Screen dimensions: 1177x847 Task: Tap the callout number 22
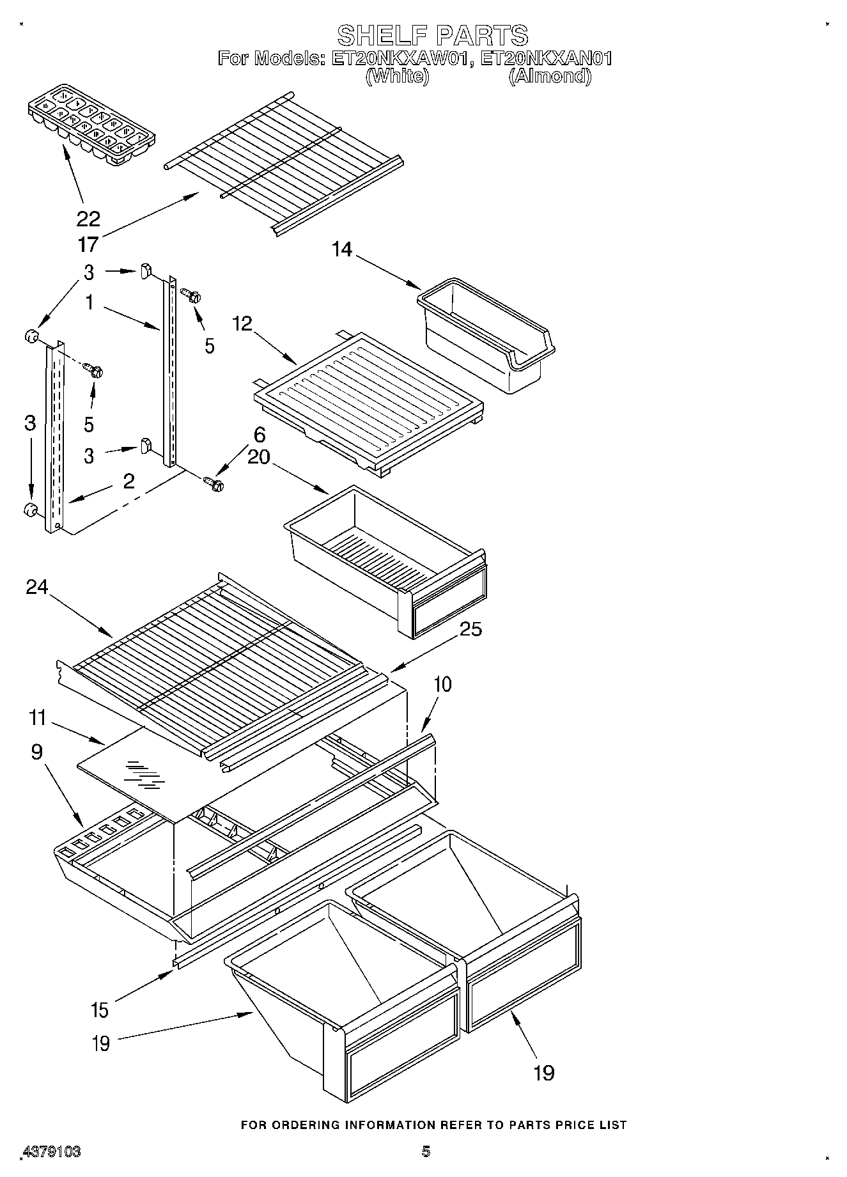pyautogui.click(x=88, y=219)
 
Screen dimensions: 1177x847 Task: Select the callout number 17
pyautogui.click(x=88, y=244)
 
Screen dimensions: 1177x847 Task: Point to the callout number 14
pyautogui.click(x=342, y=249)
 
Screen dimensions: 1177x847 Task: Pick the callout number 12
pyautogui.click(x=243, y=323)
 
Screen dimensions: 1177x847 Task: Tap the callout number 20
pyautogui.click(x=258, y=457)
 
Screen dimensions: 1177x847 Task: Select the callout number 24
pyautogui.click(x=36, y=587)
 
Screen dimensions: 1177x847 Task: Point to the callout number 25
pyautogui.click(x=470, y=629)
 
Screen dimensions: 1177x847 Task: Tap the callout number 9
pyautogui.click(x=36, y=752)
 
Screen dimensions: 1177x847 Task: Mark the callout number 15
pyautogui.click(x=100, y=1011)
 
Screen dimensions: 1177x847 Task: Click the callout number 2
pyautogui.click(x=128, y=481)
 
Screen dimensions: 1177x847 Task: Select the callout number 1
pyautogui.click(x=89, y=302)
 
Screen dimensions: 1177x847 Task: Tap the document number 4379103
pyautogui.click(x=51, y=1151)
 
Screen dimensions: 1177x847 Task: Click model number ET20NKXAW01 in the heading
pyautogui.click(x=401, y=59)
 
